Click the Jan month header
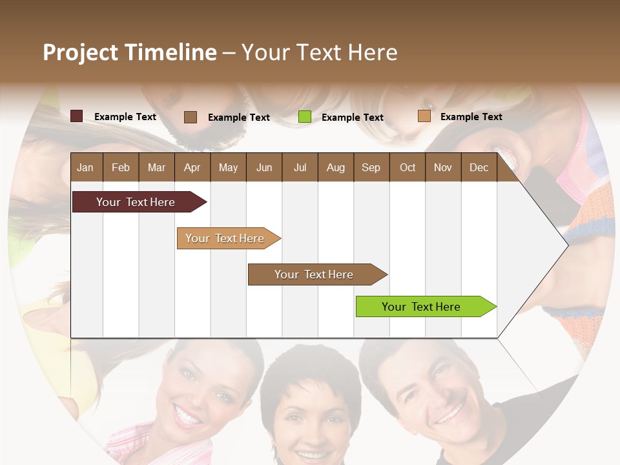click(x=85, y=167)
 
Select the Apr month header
click(x=192, y=167)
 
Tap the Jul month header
click(x=300, y=167)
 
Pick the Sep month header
click(x=371, y=167)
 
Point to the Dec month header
click(x=479, y=167)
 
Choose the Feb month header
click(x=121, y=167)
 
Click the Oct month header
click(x=407, y=167)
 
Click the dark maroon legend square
click(x=76, y=116)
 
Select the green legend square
click(x=305, y=117)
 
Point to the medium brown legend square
click(x=191, y=117)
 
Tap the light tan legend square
click(x=424, y=116)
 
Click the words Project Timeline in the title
click(x=129, y=52)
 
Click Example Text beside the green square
click(x=352, y=118)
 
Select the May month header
click(x=228, y=167)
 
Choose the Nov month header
click(x=443, y=167)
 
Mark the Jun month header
click(x=264, y=167)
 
